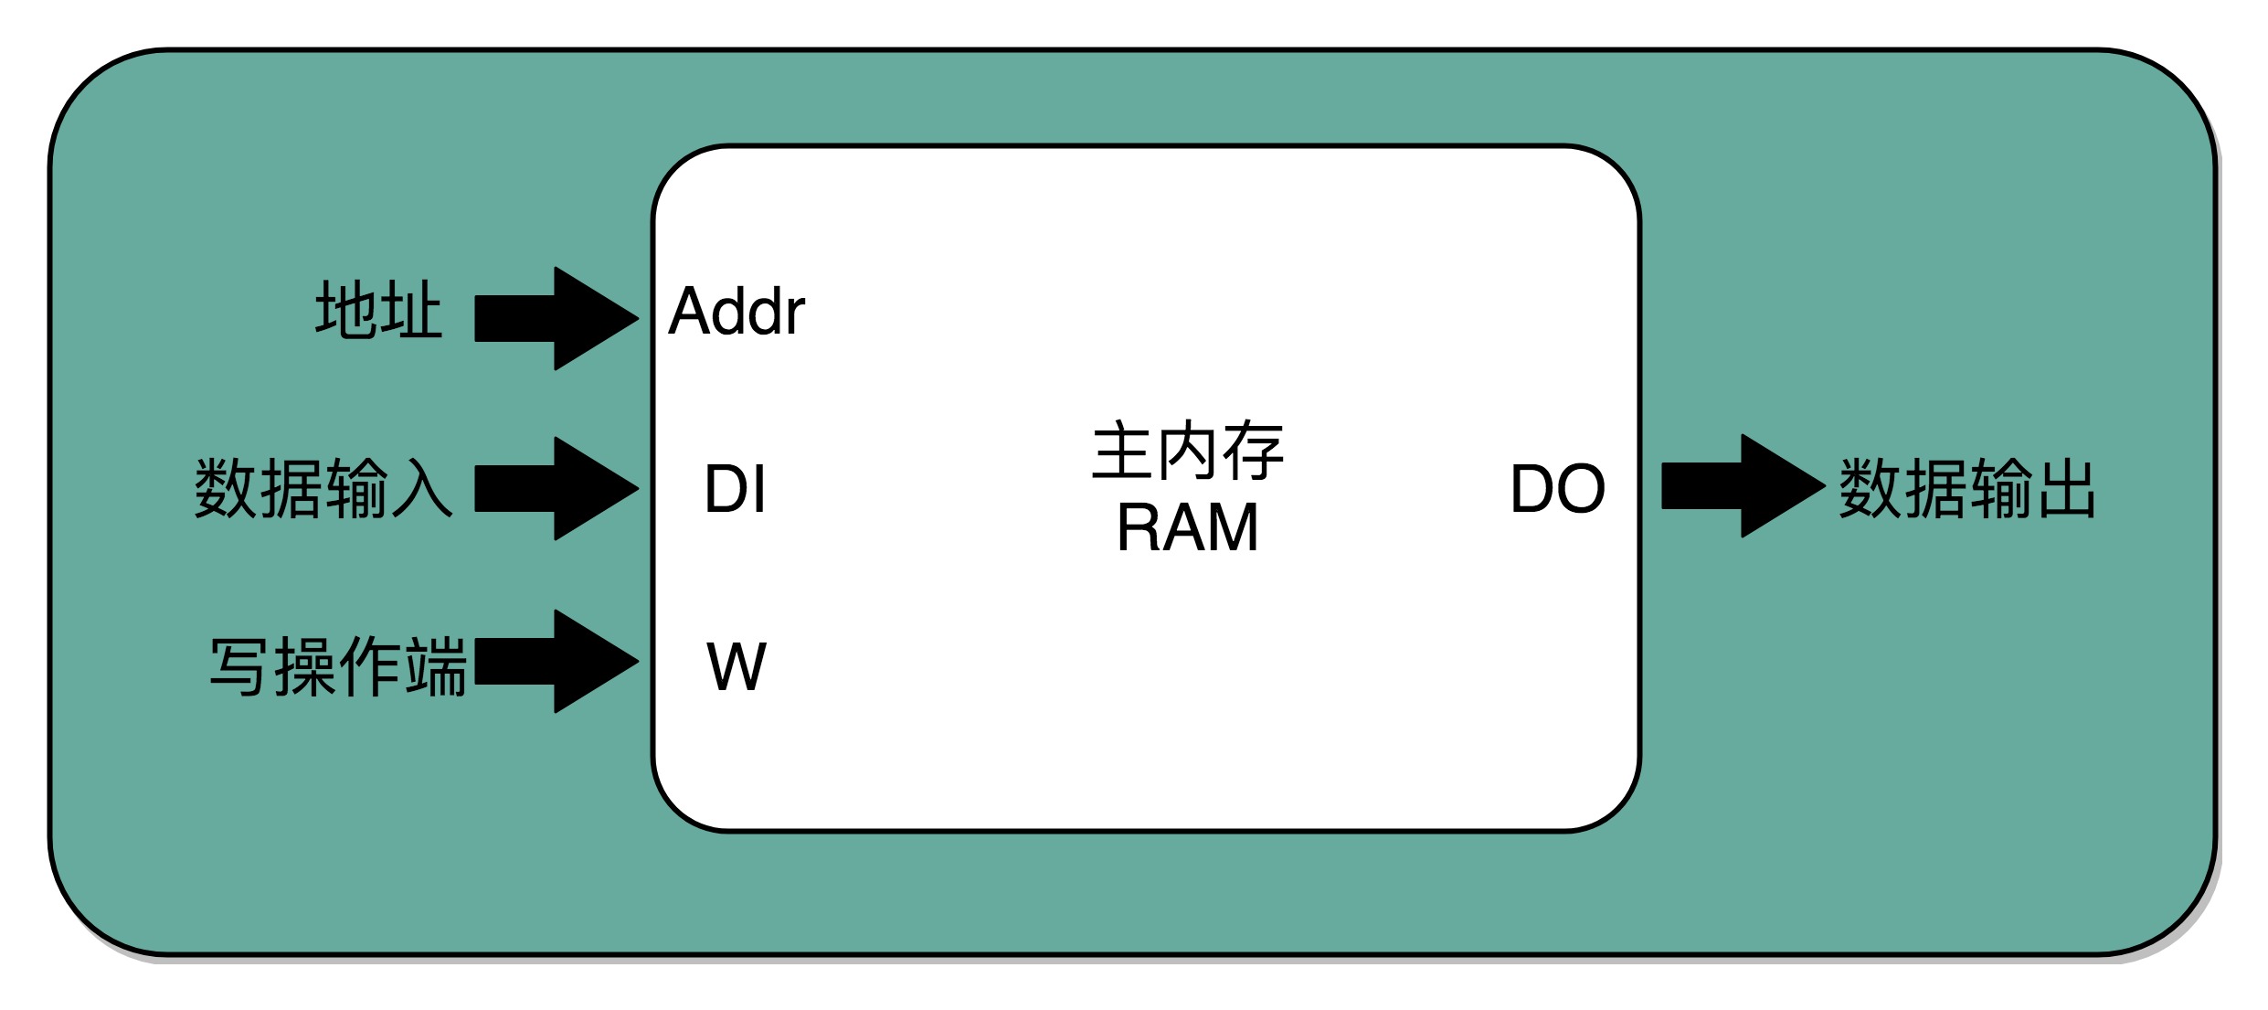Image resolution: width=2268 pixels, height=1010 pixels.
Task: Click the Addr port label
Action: pyautogui.click(x=737, y=311)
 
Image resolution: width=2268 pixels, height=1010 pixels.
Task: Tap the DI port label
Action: pyautogui.click(x=735, y=488)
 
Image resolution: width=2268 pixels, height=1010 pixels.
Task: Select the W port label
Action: pyautogui.click(x=737, y=665)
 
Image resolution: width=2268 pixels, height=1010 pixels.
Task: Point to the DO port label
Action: pyautogui.click(x=1557, y=488)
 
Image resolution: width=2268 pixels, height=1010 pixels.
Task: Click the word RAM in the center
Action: pyautogui.click(x=1188, y=527)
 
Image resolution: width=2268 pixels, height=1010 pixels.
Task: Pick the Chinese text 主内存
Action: pyautogui.click(x=1188, y=451)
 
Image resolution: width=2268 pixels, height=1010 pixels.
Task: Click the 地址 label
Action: pyautogui.click(x=378, y=311)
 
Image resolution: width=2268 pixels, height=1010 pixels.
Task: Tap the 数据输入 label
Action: pyautogui.click(x=323, y=488)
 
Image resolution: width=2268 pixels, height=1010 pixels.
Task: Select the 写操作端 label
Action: pyautogui.click(x=338, y=666)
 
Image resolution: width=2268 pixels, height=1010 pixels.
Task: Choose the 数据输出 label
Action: pyautogui.click(x=1967, y=488)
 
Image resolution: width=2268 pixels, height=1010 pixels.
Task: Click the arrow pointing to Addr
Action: pyautogui.click(x=556, y=318)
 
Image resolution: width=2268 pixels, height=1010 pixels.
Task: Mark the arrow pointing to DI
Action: pyautogui.click(x=556, y=488)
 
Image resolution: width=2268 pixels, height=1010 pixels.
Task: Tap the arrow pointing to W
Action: pyautogui.click(x=556, y=661)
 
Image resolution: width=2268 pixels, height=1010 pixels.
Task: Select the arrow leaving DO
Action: pyautogui.click(x=1743, y=485)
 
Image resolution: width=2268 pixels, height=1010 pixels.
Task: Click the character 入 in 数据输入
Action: pyautogui.click(x=422, y=488)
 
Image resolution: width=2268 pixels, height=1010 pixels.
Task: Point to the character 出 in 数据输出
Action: pyautogui.click(x=2065, y=488)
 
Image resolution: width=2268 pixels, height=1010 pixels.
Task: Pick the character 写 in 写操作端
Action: pyautogui.click(x=239, y=666)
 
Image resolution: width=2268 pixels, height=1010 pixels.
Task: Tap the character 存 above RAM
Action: pyautogui.click(x=1254, y=451)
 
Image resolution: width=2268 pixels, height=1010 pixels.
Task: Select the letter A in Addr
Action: pyautogui.click(x=693, y=312)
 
